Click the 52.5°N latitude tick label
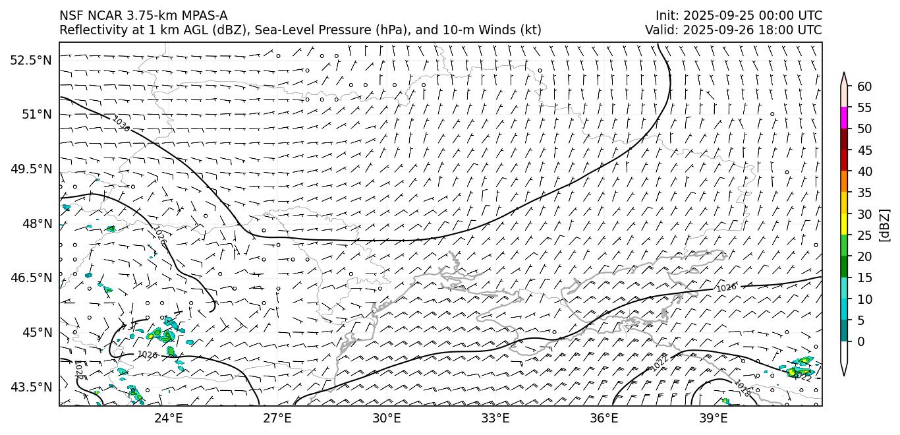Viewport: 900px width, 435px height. (30, 60)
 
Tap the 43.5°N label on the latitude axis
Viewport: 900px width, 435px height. (30, 387)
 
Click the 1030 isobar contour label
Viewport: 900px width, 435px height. (121, 123)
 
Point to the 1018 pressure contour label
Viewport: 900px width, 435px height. (743, 389)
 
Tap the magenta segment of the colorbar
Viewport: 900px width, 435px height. (844, 118)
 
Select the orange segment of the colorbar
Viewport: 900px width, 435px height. (844, 182)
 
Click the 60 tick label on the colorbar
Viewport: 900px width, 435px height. (864, 86)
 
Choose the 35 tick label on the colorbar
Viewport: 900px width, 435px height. (864, 192)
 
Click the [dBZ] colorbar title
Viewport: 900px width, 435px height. (884, 225)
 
